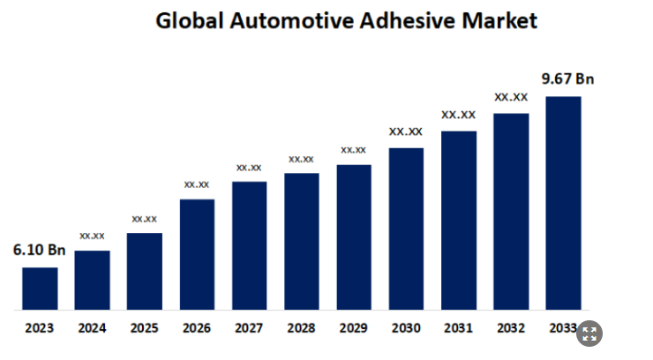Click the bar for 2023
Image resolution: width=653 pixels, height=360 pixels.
tap(40, 289)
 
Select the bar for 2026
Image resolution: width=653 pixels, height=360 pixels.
tap(197, 254)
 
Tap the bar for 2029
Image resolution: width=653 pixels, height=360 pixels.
tap(354, 237)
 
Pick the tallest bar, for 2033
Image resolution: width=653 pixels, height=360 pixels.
tap(563, 203)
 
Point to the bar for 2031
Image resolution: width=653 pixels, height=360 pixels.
tap(459, 221)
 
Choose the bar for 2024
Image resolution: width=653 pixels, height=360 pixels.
tap(92, 280)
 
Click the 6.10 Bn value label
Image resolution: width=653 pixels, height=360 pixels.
tap(39, 251)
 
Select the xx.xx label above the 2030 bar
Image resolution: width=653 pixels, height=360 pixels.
tap(406, 131)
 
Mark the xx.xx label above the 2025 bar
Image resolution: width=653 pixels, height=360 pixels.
tap(144, 218)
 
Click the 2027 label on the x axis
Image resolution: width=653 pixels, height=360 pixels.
tap(249, 328)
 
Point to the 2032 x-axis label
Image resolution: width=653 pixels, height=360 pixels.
tap(511, 328)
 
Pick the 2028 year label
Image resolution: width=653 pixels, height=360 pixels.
tap(302, 328)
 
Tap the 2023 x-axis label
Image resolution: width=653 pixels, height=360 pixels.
tap(40, 328)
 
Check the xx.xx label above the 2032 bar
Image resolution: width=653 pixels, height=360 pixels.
tap(511, 97)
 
